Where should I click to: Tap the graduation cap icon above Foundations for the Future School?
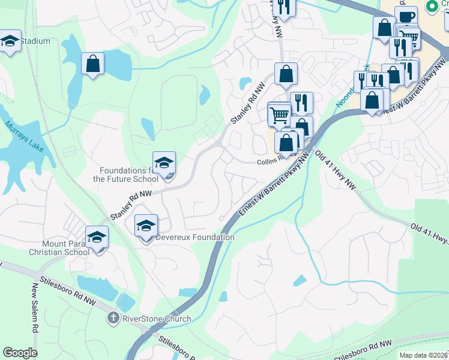[164, 163]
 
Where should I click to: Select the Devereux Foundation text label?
[195, 237]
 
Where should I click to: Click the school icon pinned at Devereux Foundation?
[146, 226]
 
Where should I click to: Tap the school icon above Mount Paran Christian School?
[97, 238]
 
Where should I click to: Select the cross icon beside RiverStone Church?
[112, 317]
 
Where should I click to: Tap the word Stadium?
[35, 41]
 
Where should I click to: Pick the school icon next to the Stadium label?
[10, 41]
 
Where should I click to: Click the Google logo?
[20, 353]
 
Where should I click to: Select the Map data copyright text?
[423, 355]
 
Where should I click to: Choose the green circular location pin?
[430, 6]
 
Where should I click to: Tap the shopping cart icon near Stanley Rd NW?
[279, 114]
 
